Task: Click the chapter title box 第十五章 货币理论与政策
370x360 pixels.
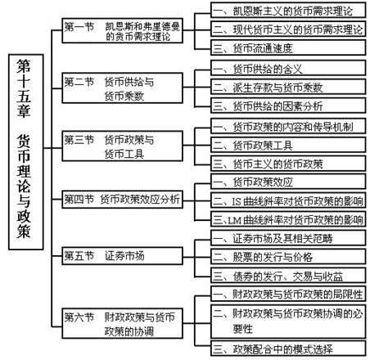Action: point(26,152)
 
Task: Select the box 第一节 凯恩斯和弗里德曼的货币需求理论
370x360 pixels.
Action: point(122,30)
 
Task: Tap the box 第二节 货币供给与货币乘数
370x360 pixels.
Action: point(122,88)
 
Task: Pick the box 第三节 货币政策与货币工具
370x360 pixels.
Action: point(122,146)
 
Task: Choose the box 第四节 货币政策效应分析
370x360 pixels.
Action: point(122,200)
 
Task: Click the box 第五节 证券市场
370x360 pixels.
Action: point(122,256)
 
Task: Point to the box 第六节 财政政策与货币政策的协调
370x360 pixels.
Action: point(122,323)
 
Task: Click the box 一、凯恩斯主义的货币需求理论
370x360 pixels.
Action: point(288,11)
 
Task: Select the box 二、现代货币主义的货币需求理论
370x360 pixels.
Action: point(288,29)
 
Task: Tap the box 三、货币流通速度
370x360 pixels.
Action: point(288,47)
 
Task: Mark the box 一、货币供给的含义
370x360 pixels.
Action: point(288,68)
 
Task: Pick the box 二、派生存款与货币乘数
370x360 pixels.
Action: point(288,87)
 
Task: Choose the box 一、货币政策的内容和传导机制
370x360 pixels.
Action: point(288,126)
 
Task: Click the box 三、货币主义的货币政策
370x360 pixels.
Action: point(288,164)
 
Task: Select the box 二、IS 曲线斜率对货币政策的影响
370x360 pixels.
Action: point(288,200)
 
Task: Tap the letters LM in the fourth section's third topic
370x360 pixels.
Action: point(234,220)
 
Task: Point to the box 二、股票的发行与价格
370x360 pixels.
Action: point(288,256)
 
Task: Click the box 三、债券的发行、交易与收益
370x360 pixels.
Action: point(288,275)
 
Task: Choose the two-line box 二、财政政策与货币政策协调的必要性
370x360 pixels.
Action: point(288,322)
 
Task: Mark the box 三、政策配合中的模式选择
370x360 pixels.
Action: point(288,349)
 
